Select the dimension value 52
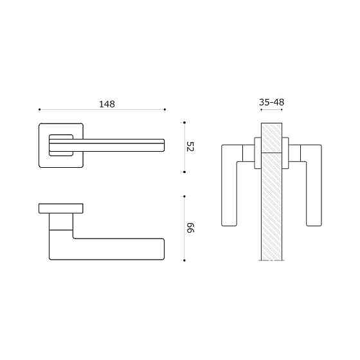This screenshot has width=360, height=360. (190, 147)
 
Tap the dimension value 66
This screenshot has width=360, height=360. (190, 228)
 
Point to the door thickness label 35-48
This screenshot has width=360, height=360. (271, 102)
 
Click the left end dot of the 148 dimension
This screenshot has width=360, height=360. (39, 109)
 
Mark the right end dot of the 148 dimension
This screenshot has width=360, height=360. (165, 109)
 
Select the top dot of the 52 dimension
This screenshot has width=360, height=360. (184, 122)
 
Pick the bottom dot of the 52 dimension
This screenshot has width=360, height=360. (184, 172)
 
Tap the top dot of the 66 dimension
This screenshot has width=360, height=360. (184, 195)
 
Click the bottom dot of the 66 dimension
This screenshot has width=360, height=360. (184, 260)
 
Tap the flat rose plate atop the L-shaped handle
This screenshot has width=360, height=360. (61, 208)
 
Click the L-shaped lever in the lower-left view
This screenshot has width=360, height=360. (116, 249)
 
